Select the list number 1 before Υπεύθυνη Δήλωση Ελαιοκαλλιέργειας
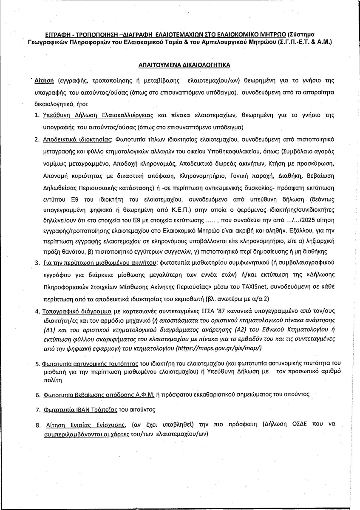click(37, 115)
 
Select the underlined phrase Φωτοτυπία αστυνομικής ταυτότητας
click(90, 364)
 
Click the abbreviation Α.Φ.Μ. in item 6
click(142, 395)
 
